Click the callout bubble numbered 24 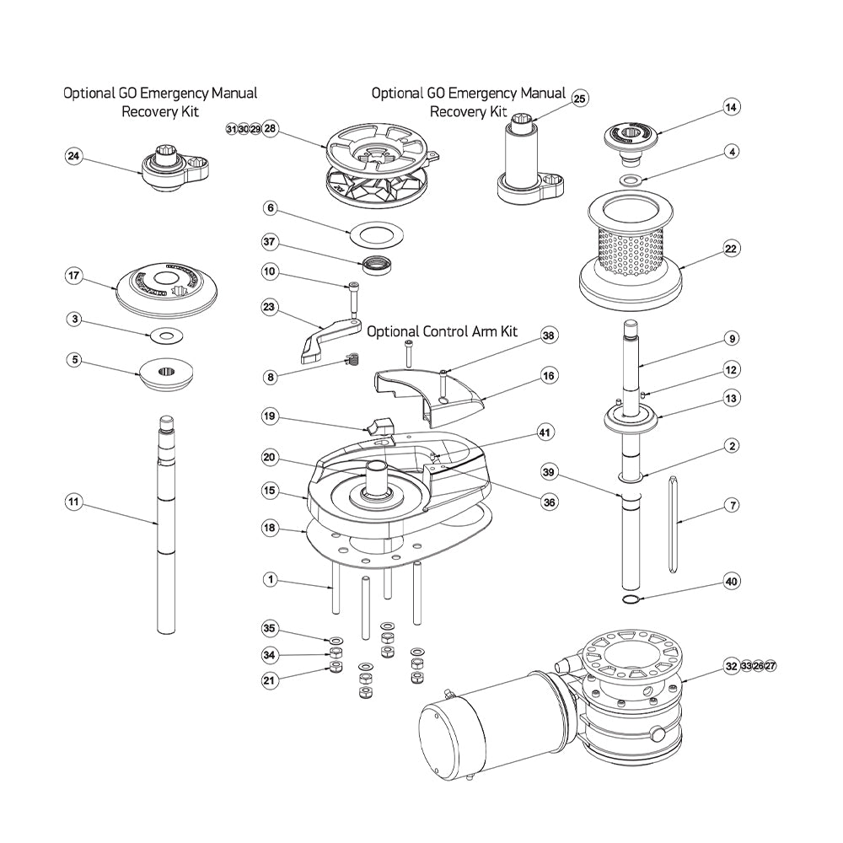74,156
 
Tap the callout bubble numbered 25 579,99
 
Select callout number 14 731,107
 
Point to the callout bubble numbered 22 731,249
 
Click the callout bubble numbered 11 74,502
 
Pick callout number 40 731,582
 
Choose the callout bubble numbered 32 731,666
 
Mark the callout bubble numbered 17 74,276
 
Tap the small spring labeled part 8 354,359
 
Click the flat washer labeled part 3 165,336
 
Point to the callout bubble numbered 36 549,501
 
